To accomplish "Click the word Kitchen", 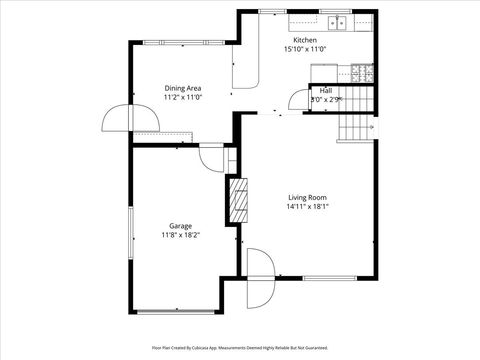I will (x=306, y=40).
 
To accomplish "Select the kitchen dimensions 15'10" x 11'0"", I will (x=306, y=49).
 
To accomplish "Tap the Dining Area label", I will (x=183, y=88).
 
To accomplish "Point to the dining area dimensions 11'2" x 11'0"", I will (x=183, y=97).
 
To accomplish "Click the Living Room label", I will (x=308, y=197).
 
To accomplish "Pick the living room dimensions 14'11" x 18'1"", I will (x=308, y=206).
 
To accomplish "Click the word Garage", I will (x=180, y=226).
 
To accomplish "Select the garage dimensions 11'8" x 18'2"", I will (x=180, y=235).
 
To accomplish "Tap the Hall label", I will (x=326, y=90).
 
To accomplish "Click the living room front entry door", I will (x=260, y=278).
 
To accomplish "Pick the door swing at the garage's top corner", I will (x=212, y=158).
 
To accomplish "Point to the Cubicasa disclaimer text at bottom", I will (x=240, y=347).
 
